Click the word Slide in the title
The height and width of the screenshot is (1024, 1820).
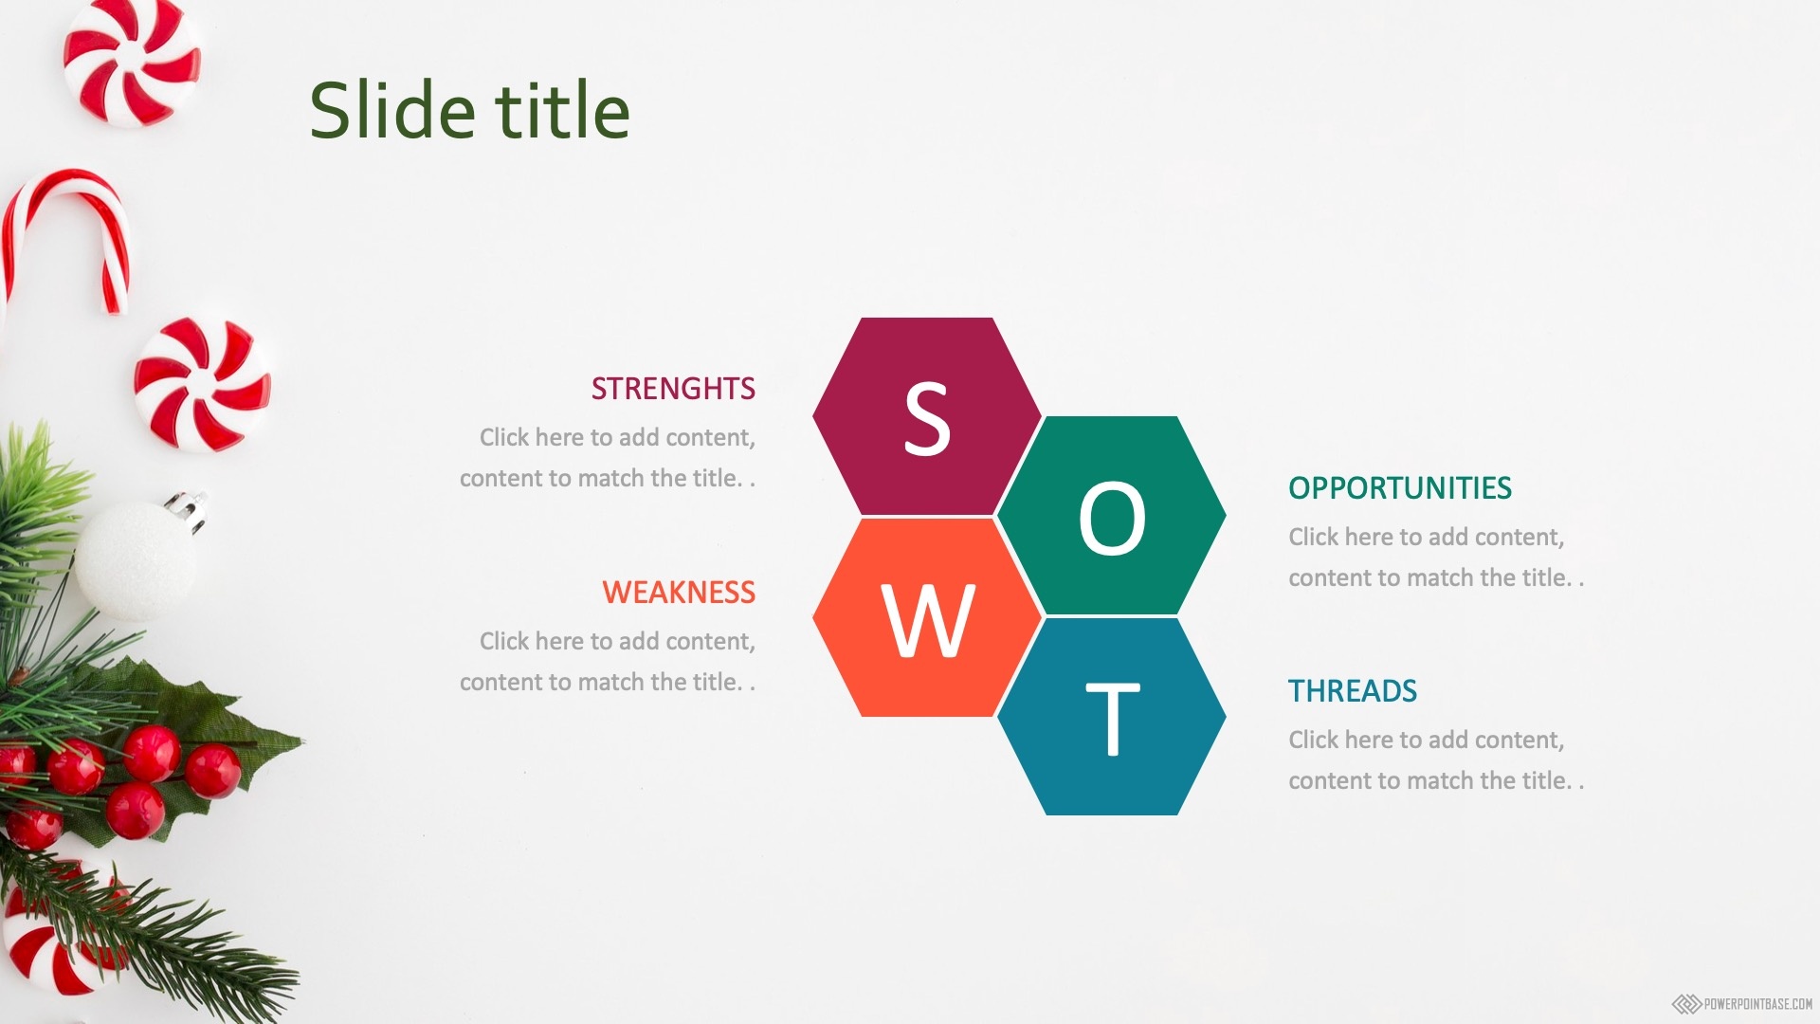pyautogui.click(x=392, y=110)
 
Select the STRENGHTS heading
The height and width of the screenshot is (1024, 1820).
pyautogui.click(x=673, y=389)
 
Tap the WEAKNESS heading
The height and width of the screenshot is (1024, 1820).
pyautogui.click(x=679, y=593)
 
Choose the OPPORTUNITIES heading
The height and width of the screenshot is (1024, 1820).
pyautogui.click(x=1400, y=488)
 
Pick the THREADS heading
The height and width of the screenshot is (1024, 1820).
pyautogui.click(x=1353, y=691)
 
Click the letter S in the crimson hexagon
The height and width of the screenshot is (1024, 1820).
pyautogui.click(x=927, y=419)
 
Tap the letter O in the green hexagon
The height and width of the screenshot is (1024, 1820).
pyautogui.click(x=1112, y=518)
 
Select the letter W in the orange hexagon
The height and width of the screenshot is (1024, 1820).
pyautogui.click(x=928, y=620)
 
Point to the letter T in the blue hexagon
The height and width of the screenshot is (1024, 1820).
pyautogui.click(x=1112, y=719)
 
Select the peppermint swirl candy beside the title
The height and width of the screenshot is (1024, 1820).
pyautogui.click(x=132, y=62)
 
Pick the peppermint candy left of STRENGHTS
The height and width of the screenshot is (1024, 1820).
pyautogui.click(x=202, y=384)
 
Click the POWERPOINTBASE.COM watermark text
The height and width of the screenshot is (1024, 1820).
pyautogui.click(x=1757, y=1004)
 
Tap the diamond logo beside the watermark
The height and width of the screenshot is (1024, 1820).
pyautogui.click(x=1686, y=1004)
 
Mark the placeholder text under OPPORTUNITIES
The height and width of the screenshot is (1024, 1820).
pyautogui.click(x=1436, y=558)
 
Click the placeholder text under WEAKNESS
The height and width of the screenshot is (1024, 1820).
pyautogui.click(x=608, y=662)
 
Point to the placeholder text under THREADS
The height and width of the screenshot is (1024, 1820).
pyautogui.click(x=1436, y=760)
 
